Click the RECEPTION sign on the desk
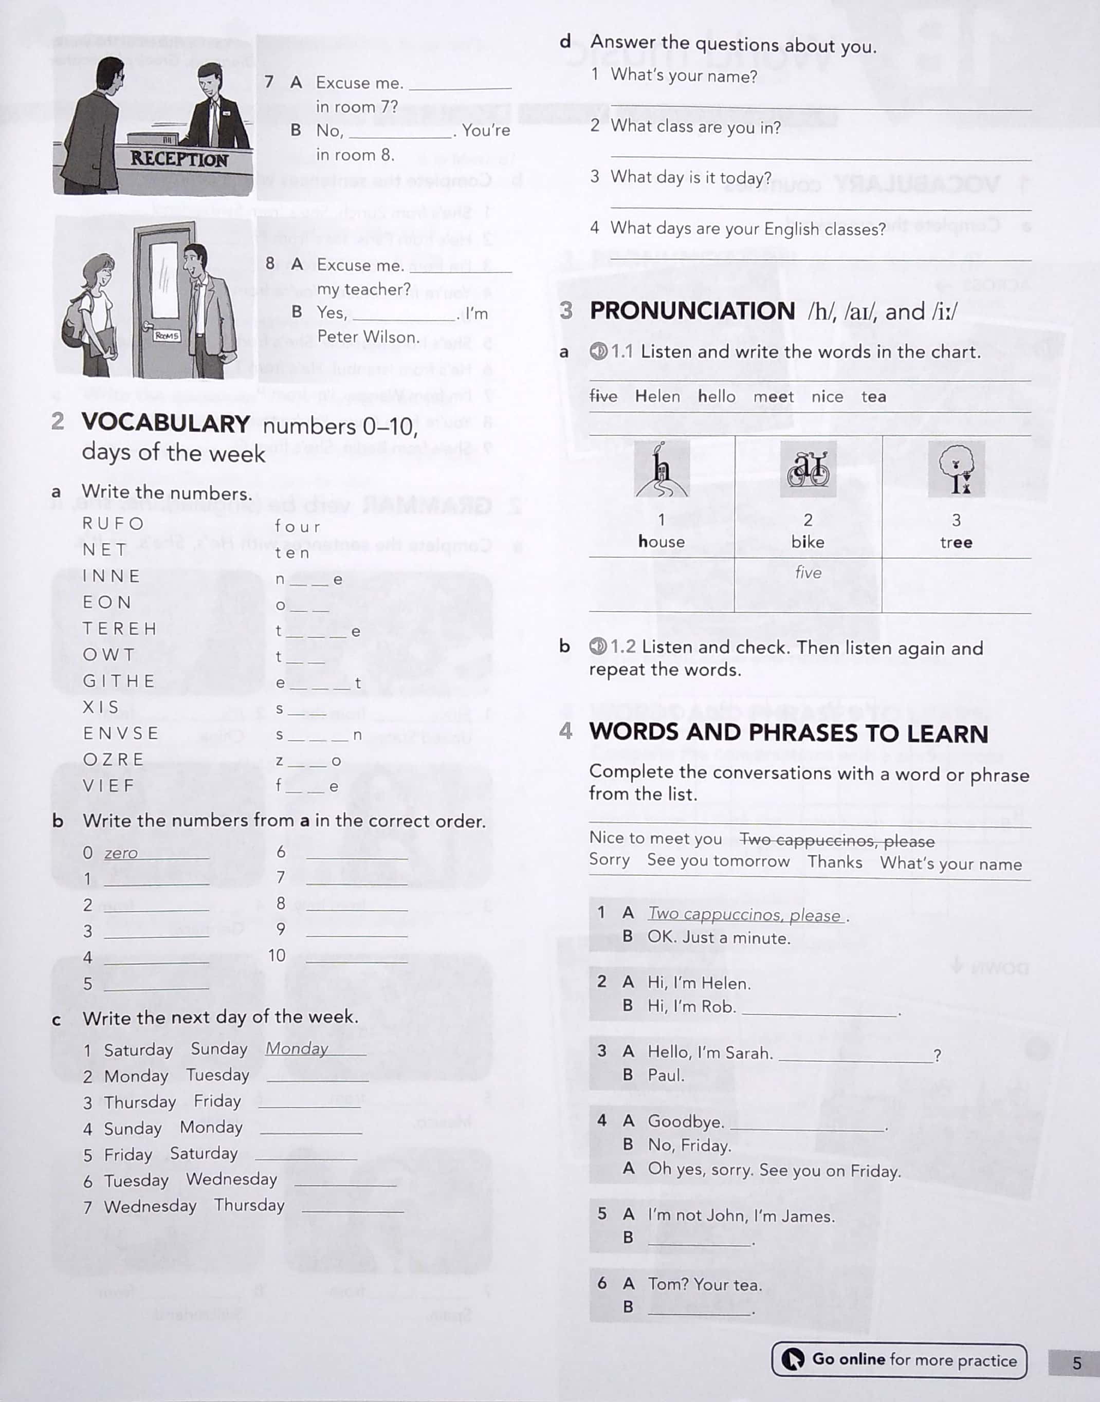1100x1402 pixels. [179, 158]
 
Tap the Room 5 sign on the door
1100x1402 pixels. [167, 336]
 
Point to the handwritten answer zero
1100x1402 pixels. [121, 853]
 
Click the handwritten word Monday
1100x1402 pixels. [297, 1048]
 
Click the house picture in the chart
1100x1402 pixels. [662, 469]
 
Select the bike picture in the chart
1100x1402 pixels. [808, 469]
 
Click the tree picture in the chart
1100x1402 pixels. [957, 469]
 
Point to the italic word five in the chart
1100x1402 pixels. [808, 573]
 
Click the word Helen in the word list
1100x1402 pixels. [657, 396]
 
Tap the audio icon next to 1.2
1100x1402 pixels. [598, 646]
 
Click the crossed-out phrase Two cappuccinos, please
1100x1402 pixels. [837, 840]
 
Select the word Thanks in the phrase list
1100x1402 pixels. [835, 862]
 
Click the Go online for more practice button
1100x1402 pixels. [899, 1359]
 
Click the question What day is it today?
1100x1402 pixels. [690, 177]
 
